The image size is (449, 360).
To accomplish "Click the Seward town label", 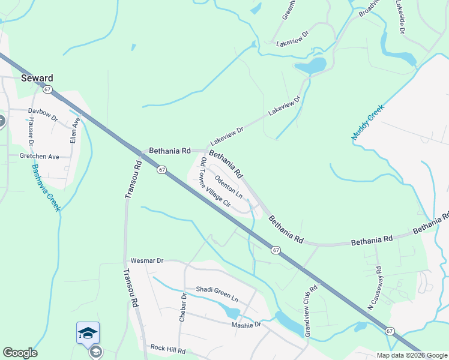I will tap(37, 78).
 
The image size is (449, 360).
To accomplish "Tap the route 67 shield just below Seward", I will tap(47, 89).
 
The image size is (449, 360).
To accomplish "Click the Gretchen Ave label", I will tap(39, 156).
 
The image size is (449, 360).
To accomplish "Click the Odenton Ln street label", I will tap(229, 187).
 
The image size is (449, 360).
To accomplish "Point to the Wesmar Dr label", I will tap(146, 261).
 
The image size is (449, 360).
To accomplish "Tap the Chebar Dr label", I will tap(183, 308).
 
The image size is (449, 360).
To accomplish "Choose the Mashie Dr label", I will tap(246, 325).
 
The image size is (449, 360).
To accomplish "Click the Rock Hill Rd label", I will tap(166, 347).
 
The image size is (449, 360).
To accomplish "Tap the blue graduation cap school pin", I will tap(88, 332).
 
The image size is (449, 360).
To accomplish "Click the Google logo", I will tap(20, 353).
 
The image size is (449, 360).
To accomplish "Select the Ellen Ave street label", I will tap(74, 129).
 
